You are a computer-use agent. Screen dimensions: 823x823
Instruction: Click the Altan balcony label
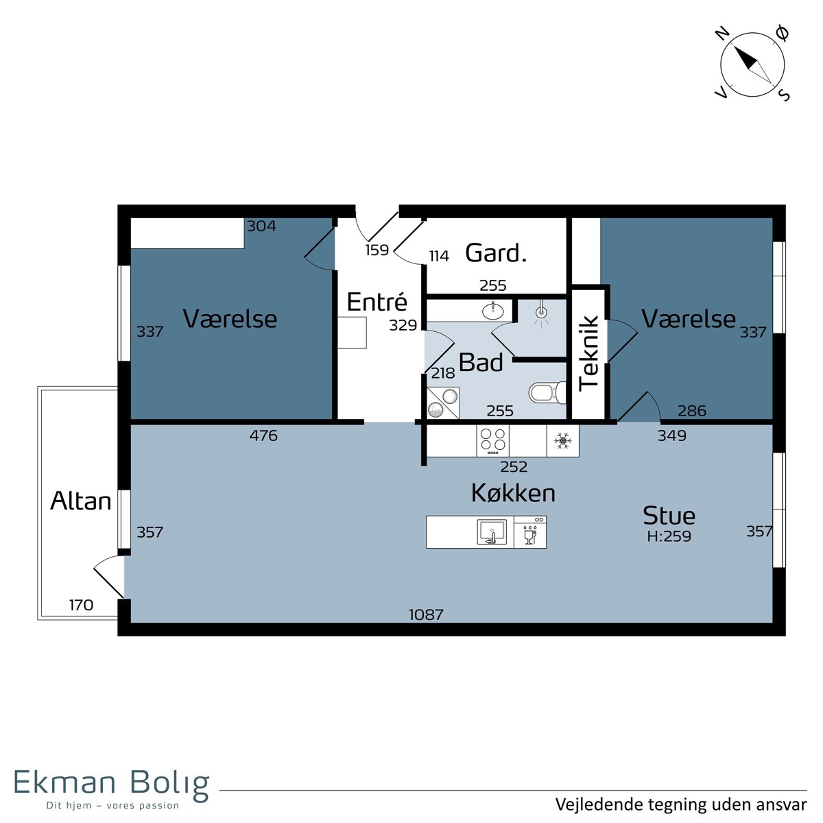tap(81, 501)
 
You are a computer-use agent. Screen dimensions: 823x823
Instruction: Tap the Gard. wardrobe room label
tap(495, 253)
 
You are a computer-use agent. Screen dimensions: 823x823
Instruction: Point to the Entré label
tap(377, 302)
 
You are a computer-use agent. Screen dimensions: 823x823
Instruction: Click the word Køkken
tap(513, 493)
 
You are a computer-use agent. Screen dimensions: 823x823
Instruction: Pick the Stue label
tap(669, 515)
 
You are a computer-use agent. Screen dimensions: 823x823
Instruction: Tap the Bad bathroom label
tap(481, 362)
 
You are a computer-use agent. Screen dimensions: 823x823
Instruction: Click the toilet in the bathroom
tap(547, 392)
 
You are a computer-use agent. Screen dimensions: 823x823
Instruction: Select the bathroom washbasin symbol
tap(493, 311)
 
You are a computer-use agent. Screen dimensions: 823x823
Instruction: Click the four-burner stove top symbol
tap(493, 440)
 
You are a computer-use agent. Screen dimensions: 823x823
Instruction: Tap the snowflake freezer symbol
tap(562, 440)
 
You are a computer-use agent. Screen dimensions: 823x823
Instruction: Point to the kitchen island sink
tap(492, 532)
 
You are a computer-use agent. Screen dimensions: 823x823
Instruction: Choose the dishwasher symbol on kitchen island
tap(530, 532)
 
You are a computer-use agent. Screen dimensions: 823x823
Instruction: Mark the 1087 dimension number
tap(426, 615)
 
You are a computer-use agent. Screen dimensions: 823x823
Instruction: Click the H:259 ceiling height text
tap(669, 536)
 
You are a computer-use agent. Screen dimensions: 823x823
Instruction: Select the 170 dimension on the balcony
tap(81, 605)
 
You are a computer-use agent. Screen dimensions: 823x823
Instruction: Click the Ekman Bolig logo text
tap(112, 783)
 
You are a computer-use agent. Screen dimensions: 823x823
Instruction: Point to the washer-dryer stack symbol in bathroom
tap(443, 403)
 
